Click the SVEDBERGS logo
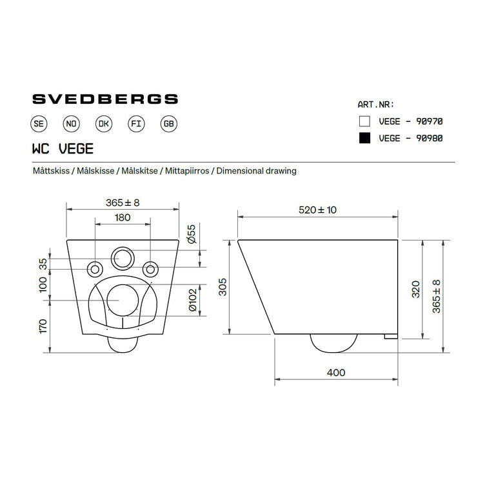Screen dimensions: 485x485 [x=105, y=99]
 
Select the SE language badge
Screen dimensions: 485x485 [x=38, y=124]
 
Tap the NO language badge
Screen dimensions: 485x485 [x=71, y=124]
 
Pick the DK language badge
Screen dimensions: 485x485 [x=103, y=124]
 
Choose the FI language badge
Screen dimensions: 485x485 [x=135, y=124]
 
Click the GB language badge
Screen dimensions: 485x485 [x=168, y=124]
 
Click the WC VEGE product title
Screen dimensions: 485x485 [x=63, y=148]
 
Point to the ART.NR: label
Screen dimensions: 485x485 [x=375, y=104]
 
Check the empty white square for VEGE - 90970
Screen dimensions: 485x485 [x=365, y=121]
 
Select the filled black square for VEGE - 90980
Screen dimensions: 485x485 [x=365, y=138]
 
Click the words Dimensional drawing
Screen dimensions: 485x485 [x=257, y=171]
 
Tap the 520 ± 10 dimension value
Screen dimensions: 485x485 [x=318, y=210]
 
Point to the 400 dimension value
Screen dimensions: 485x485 [x=336, y=373]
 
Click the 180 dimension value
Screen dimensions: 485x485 [x=123, y=218]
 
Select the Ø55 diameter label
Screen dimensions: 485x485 [x=192, y=234]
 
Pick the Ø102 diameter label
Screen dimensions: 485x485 [x=192, y=301]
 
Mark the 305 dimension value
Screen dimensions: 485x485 [x=223, y=287]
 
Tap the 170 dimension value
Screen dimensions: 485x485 [x=43, y=326]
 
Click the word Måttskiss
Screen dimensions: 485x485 [x=52, y=171]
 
